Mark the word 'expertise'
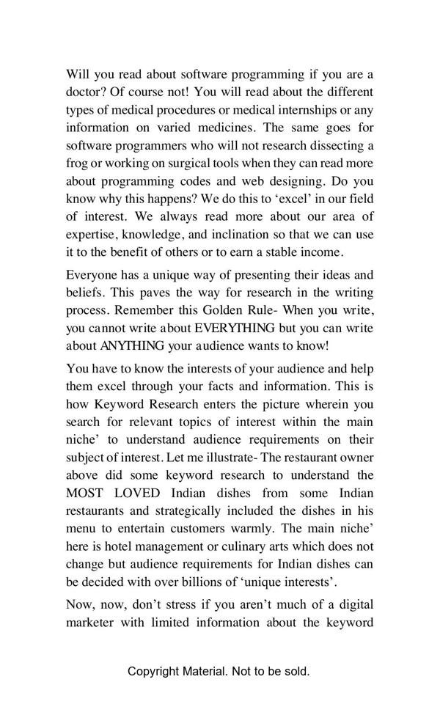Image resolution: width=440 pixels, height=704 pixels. (x=92, y=234)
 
